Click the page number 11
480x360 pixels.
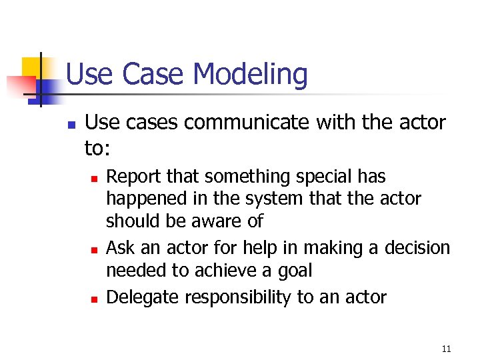tap(447, 349)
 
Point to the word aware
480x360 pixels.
tap(217, 221)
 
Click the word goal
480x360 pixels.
tap(294, 271)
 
